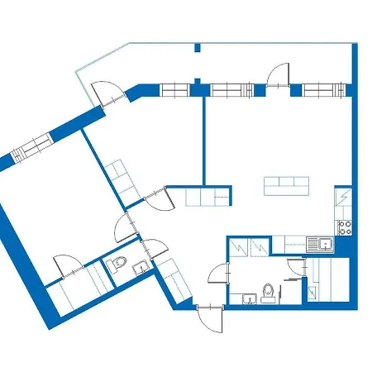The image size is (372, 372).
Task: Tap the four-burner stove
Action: pyautogui.click(x=345, y=224)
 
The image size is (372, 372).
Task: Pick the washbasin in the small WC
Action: pyautogui.click(x=138, y=266)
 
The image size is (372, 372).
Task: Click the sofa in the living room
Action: pyautogui.click(x=287, y=186)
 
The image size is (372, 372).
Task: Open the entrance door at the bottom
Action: pyautogui.click(x=211, y=318)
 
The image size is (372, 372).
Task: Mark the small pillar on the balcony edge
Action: pyautogui.click(x=197, y=47)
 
